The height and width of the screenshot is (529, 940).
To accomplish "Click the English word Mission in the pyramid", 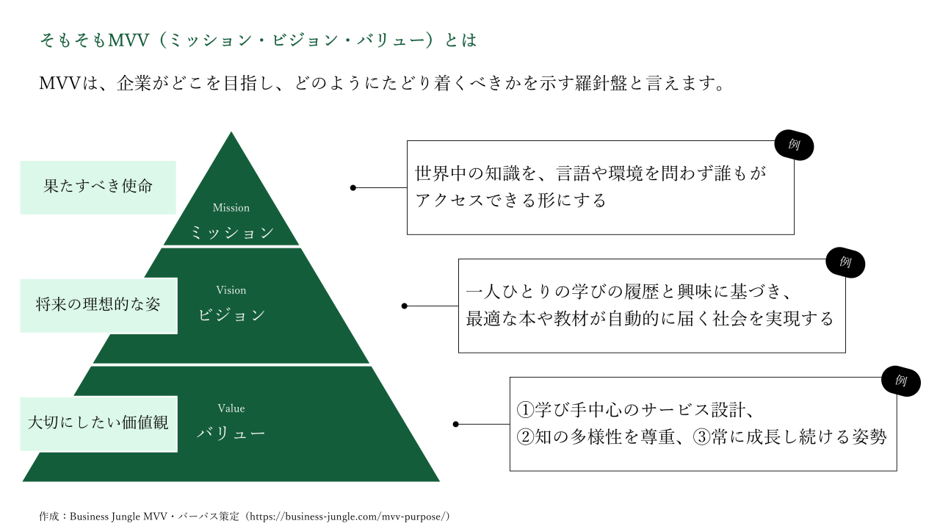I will (231, 208).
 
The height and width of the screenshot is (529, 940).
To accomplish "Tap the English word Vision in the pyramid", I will (231, 290).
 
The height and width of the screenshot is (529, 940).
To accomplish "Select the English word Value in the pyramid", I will (231, 409).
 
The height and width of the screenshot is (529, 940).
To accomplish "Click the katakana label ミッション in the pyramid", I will (231, 234).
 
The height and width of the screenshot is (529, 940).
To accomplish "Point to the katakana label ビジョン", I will (231, 315).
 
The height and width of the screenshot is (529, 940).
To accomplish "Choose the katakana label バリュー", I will (231, 433).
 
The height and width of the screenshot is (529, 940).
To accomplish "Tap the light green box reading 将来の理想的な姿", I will (98, 305).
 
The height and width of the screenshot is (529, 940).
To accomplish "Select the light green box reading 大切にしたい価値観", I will (98, 423).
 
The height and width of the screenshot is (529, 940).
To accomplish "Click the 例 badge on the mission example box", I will (794, 145).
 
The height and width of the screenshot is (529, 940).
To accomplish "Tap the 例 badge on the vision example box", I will (845, 262).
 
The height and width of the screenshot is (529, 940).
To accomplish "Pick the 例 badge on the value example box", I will (901, 381).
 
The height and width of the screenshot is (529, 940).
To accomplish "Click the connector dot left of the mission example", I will (353, 188).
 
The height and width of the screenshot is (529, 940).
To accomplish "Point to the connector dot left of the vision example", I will (405, 306).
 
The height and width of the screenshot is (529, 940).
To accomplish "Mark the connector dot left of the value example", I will (456, 424).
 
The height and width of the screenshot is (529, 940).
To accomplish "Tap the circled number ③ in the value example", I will (701, 437).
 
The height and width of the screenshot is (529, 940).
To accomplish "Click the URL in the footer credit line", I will (348, 517).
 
